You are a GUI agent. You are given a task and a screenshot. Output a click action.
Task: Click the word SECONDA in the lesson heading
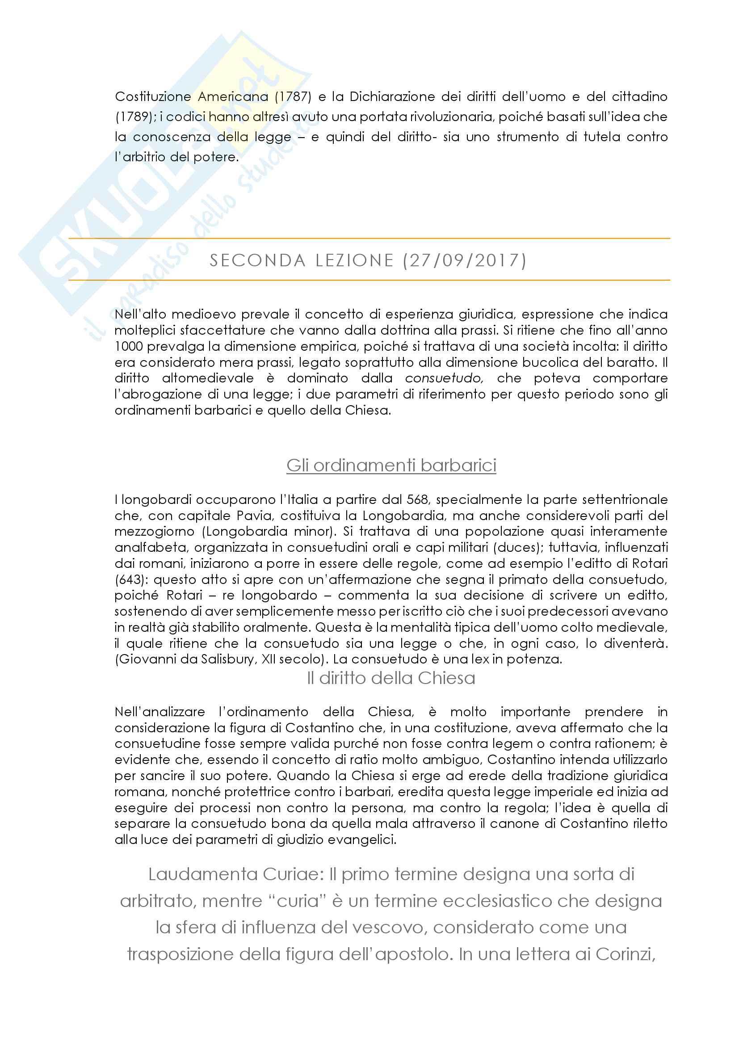257,260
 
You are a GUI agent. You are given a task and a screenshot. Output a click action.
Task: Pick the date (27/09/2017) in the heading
465,260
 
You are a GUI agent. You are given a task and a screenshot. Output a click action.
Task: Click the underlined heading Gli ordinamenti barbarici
391,465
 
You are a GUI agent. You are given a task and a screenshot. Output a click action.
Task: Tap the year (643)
130,579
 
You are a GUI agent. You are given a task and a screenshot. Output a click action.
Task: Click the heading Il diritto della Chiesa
391,678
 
